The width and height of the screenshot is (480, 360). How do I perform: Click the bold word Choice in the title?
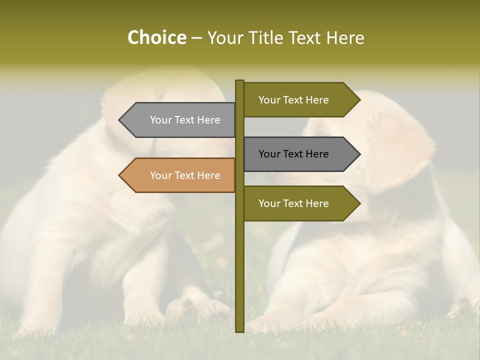tap(156, 37)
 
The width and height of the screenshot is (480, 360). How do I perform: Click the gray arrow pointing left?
tap(180, 120)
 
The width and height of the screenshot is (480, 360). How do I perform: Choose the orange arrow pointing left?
tap(180, 175)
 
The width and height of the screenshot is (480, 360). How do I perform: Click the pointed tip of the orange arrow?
tap(120, 175)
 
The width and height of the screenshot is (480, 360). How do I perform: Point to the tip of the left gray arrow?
tap(120, 120)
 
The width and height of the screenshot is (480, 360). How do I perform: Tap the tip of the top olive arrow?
tap(359, 100)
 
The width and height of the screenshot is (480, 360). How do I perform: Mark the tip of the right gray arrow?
tap(359, 154)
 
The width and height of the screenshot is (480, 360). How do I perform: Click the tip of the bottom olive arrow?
tap(359, 203)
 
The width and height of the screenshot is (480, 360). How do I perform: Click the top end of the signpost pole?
tap(239, 81)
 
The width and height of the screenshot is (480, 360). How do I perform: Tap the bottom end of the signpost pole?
tap(239, 330)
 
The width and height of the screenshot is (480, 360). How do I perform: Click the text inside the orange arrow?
tap(185, 175)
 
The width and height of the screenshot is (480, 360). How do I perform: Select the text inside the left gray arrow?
tap(185, 120)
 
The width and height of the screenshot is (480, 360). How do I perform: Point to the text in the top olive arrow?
tap(293, 100)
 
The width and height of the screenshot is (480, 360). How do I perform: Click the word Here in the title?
tap(345, 37)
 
